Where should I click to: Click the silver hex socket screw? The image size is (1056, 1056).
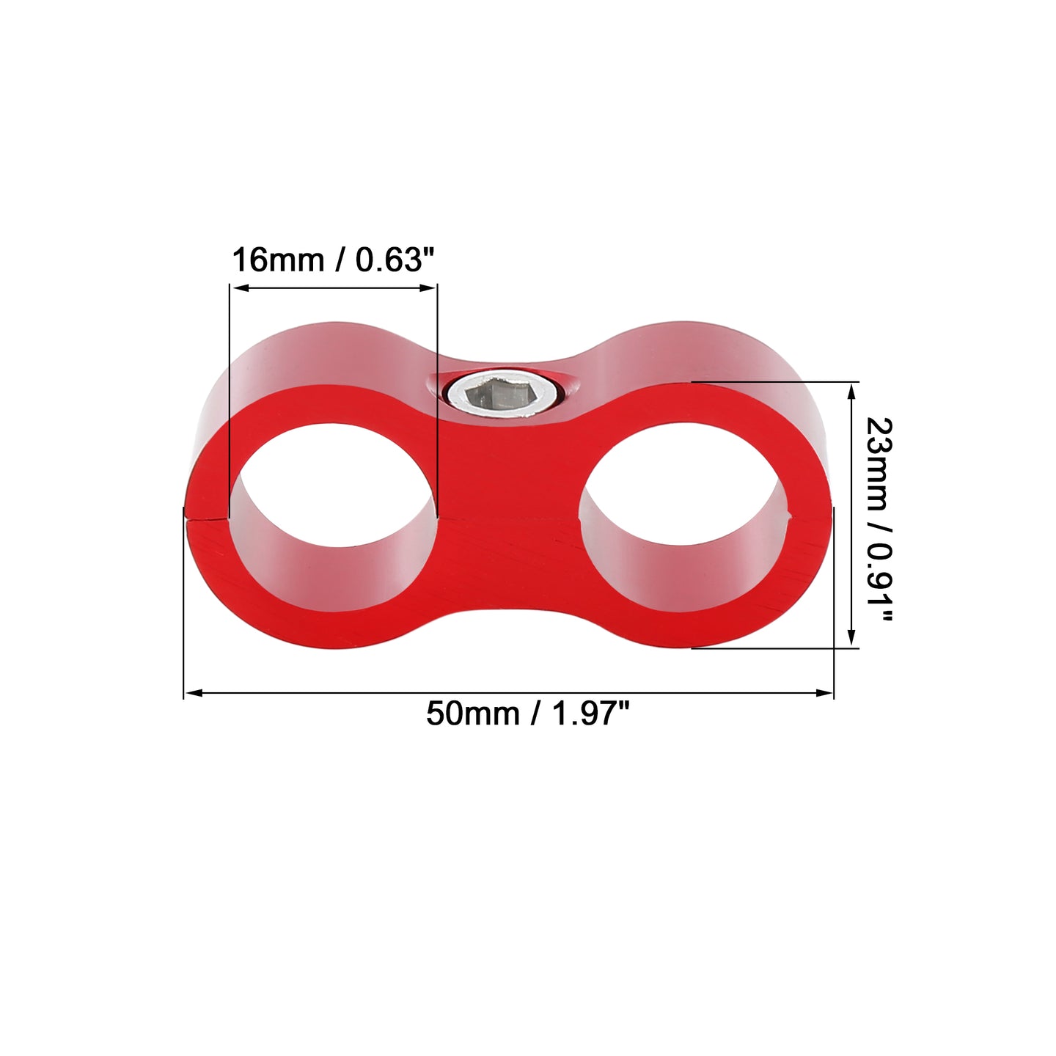(x=504, y=395)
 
